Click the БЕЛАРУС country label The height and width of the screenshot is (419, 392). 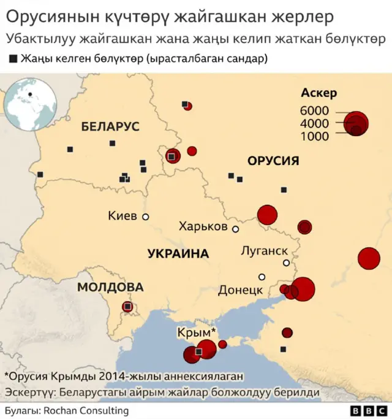110,126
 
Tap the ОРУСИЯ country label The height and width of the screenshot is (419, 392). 273,161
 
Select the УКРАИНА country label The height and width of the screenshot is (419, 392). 178,253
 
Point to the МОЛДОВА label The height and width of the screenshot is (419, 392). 110,287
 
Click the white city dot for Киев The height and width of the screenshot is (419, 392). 146,217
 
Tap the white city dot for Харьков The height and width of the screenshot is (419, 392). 235,229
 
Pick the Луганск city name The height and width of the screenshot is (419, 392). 265,250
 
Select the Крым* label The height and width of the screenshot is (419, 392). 197,333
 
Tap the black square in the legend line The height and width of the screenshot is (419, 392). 13,59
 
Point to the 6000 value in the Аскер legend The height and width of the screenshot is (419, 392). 314,111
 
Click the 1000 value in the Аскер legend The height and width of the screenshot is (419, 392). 314,136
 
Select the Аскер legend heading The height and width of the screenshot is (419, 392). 319,93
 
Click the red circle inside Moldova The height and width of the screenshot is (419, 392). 127,306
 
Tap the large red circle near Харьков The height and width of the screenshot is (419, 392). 267,215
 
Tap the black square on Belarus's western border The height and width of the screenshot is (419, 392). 40,175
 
